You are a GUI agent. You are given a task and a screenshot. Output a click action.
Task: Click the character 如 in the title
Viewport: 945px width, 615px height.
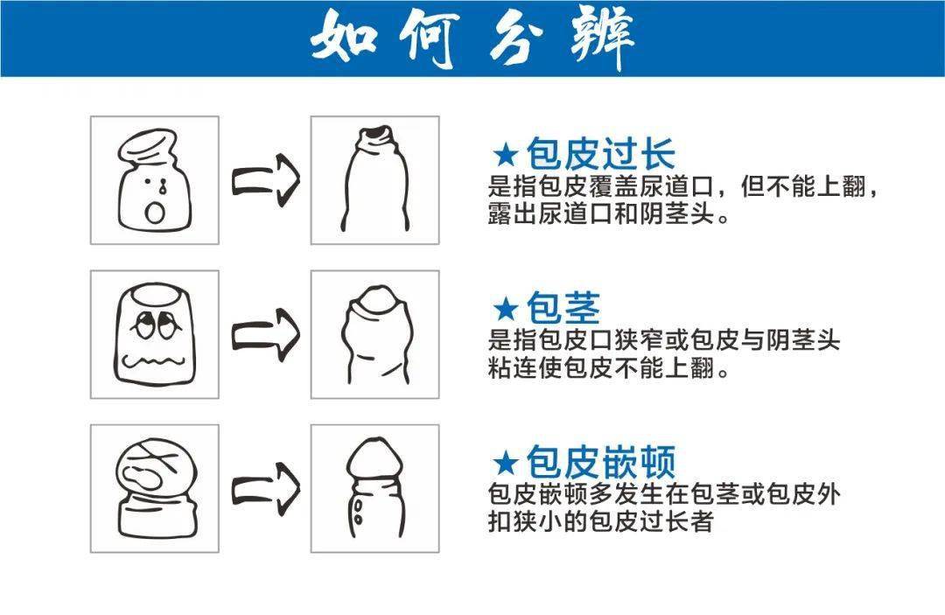(x=346, y=38)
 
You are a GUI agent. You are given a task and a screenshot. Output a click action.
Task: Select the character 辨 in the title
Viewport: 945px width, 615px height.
(x=600, y=38)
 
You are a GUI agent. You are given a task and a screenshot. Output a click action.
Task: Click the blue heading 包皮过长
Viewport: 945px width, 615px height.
(x=600, y=155)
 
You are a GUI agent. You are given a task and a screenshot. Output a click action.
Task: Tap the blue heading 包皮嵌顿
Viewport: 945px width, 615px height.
(x=600, y=462)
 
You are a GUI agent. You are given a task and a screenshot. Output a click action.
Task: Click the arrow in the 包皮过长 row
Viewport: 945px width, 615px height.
(x=265, y=179)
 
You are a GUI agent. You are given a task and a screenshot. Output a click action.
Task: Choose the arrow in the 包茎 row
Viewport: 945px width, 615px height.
(x=265, y=333)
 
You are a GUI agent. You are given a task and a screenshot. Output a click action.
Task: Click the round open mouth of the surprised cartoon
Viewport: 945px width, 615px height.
(x=156, y=213)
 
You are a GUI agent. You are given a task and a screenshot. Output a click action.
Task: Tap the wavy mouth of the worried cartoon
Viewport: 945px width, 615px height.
(x=154, y=360)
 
